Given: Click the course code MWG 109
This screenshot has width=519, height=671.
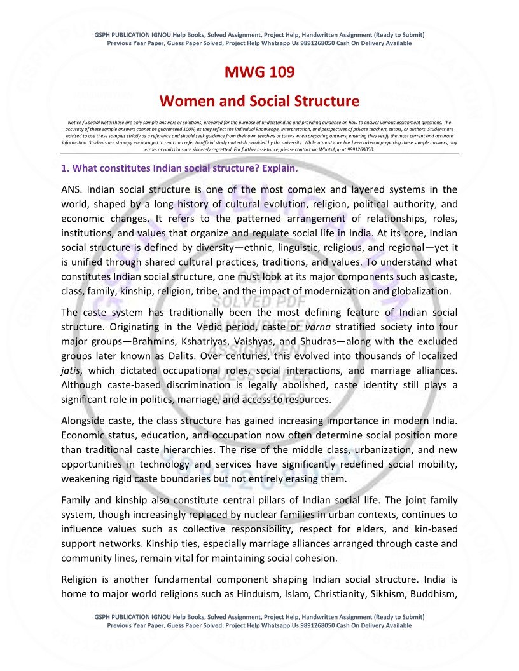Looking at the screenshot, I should (259, 72).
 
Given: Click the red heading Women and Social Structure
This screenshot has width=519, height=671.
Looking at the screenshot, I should (259, 101).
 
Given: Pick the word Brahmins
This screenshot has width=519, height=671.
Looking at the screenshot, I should (143, 341).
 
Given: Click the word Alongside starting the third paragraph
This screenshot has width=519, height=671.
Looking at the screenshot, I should (85, 420).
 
